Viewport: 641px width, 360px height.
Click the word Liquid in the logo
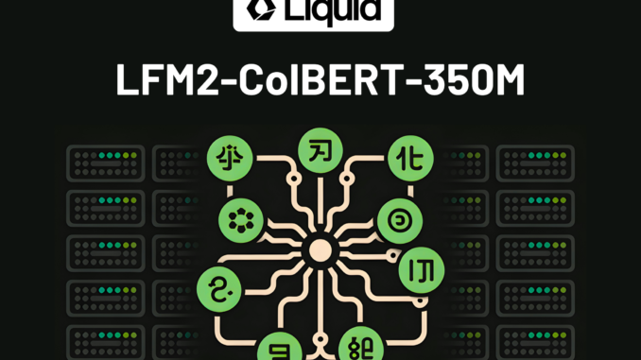332,12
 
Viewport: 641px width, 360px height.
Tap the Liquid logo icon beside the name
258,10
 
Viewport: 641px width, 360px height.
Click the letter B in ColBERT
316,80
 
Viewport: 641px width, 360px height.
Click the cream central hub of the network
320,250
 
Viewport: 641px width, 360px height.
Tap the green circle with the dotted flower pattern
237,221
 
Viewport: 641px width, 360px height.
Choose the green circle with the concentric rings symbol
397,220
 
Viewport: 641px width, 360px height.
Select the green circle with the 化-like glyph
409,154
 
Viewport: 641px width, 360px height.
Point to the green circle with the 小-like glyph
227,157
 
